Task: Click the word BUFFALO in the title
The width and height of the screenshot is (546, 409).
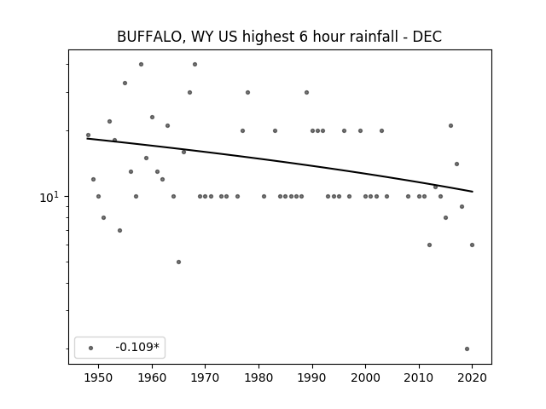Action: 150,37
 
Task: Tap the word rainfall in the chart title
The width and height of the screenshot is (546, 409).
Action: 374,37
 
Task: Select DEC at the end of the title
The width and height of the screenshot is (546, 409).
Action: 427,37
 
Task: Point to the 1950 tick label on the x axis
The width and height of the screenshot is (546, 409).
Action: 99,377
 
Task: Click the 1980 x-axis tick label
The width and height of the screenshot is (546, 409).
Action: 258,377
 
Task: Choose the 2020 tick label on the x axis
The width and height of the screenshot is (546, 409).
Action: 472,377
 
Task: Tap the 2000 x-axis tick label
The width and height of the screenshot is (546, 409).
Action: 366,377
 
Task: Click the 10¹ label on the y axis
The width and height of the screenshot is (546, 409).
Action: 49,197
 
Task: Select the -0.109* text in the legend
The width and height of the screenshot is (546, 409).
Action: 137,347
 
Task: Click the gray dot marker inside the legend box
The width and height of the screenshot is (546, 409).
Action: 91,348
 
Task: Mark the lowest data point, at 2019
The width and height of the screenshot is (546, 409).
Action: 467,349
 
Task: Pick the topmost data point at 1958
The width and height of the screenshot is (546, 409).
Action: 141,65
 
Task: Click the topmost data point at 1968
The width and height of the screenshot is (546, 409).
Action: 195,65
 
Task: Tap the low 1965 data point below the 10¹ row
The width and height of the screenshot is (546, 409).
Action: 178,262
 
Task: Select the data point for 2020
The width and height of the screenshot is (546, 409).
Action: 472,245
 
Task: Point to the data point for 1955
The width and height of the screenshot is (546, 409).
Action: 125,84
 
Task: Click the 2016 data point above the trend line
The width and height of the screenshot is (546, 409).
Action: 451,125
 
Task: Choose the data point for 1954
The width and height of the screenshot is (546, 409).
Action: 119,231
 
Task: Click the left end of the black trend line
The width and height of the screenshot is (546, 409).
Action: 87,139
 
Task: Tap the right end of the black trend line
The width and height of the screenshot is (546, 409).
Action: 473,192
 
